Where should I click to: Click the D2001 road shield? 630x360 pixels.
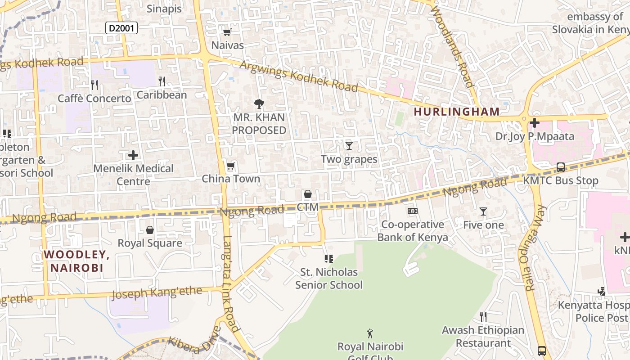tap(121, 28)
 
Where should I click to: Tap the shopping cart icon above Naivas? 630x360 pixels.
tap(227, 32)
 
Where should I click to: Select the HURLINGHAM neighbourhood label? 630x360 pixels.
tap(456, 112)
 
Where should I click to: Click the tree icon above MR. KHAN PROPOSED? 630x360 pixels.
tap(259, 104)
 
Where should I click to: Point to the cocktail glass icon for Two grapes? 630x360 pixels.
tap(349, 145)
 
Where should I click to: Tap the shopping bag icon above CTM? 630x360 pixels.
tap(308, 194)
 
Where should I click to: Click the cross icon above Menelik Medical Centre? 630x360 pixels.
tap(133, 155)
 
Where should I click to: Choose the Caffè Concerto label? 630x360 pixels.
tap(94, 98)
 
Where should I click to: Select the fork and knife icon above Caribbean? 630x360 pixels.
tap(162, 81)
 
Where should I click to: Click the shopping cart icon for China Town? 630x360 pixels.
tap(231, 166)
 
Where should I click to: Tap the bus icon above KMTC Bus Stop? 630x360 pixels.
tap(561, 167)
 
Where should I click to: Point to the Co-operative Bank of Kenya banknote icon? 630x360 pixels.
tap(412, 211)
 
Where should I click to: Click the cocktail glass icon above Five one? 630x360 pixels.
tap(483, 211)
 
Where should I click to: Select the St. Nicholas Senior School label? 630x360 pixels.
tap(329, 279)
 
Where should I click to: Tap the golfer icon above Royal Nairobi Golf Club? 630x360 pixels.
tap(370, 333)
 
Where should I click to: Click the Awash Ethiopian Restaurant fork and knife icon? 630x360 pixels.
tap(483, 317)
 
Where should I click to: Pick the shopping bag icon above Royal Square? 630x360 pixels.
tap(150, 230)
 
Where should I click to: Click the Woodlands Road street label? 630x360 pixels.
tap(451, 45)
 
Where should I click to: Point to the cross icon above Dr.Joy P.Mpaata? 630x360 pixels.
tap(535, 122)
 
